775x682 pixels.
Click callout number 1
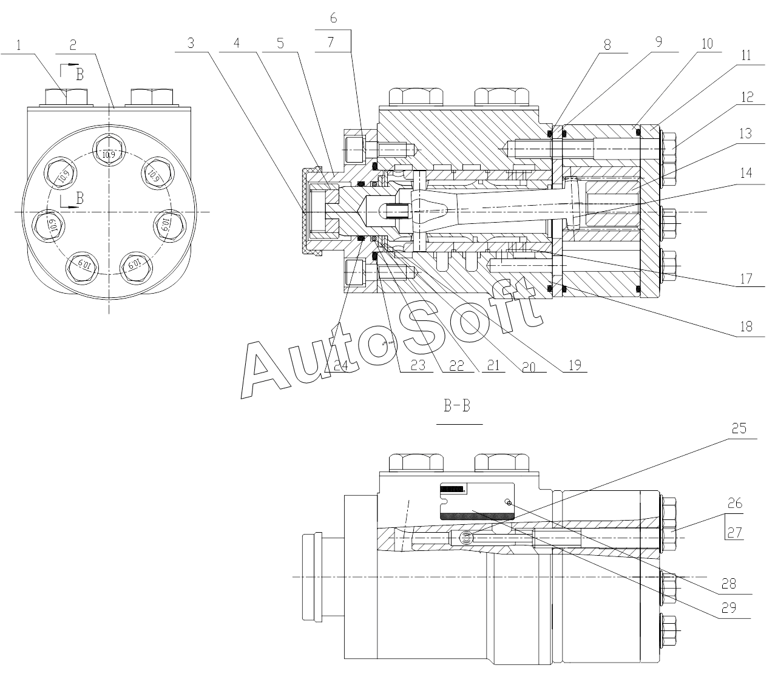pyautogui.click(x=18, y=46)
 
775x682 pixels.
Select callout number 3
pyautogui.click(x=191, y=43)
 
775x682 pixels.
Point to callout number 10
pyautogui.click(x=707, y=44)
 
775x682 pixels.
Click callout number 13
pyautogui.click(x=745, y=133)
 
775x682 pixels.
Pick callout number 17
pyautogui.click(x=746, y=279)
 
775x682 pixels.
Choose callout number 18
pyautogui.click(x=746, y=326)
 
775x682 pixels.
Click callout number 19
pyautogui.click(x=575, y=365)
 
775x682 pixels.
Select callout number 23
pyautogui.click(x=418, y=365)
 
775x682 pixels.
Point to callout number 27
pyautogui.click(x=734, y=533)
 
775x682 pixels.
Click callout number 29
pyautogui.click(x=728, y=608)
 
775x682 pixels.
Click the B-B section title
pyautogui.click(x=457, y=405)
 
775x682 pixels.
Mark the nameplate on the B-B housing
pyautogui.click(x=477, y=501)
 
